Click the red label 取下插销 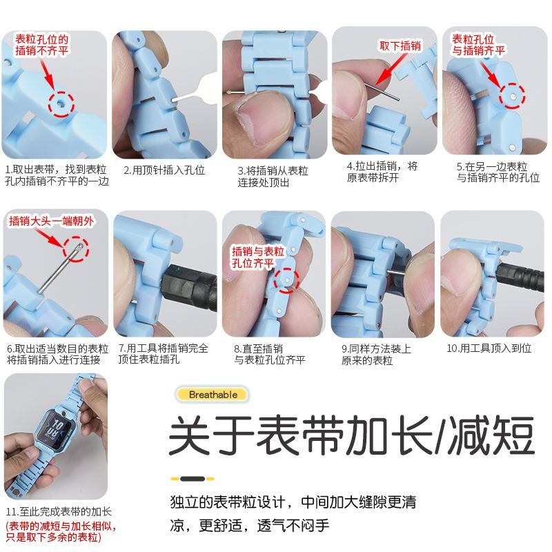point(400,46)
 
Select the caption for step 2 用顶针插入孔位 point(164,170)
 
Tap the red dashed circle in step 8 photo point(286,279)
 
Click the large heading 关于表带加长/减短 point(352,435)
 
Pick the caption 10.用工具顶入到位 point(491,348)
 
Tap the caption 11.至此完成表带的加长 point(59,512)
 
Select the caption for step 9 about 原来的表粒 point(376,355)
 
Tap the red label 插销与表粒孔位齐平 point(257,257)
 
